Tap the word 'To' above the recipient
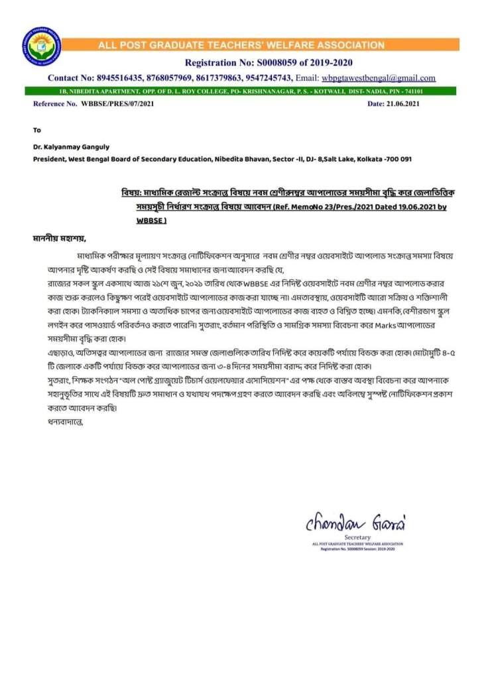(x=36, y=130)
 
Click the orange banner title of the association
(x=241, y=46)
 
